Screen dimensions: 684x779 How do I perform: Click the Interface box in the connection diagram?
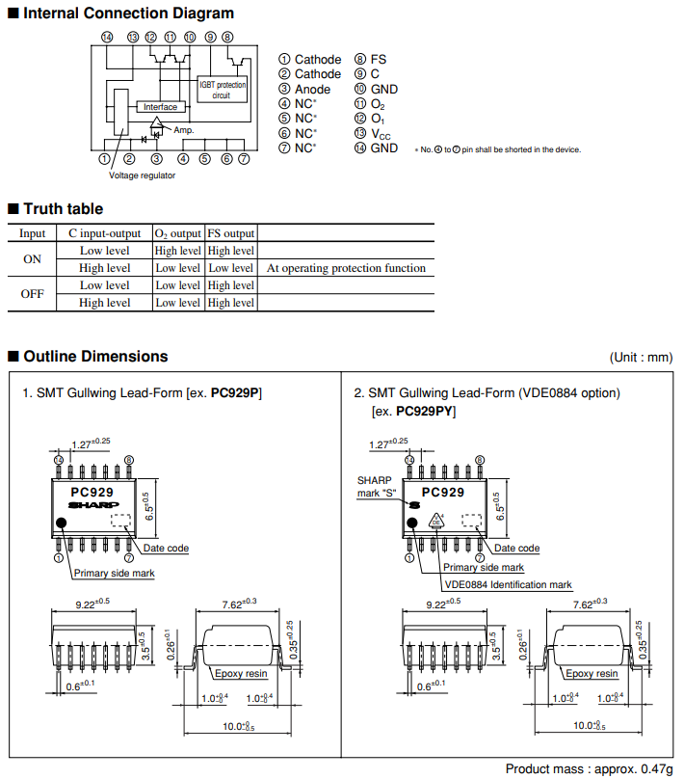(160, 107)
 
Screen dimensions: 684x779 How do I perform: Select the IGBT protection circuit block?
(222, 90)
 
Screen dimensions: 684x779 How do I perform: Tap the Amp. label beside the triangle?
(184, 130)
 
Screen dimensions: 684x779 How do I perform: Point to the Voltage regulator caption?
(142, 175)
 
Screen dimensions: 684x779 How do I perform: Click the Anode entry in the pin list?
(312, 90)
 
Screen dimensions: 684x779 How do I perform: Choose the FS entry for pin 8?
(379, 60)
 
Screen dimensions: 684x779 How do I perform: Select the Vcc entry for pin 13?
(381, 134)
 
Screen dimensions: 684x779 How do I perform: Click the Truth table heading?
(63, 208)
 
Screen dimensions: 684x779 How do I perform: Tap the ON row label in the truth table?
(32, 259)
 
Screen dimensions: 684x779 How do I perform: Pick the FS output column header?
(231, 233)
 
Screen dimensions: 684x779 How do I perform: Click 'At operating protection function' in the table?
(346, 268)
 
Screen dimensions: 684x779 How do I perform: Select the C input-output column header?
(105, 233)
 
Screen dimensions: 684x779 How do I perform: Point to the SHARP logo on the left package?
(93, 505)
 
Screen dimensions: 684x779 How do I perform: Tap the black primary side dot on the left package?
(61, 523)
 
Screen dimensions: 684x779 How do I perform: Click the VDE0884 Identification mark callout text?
(508, 585)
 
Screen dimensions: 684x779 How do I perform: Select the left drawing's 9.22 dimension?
(92, 604)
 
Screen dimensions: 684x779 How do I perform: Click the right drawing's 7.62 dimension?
(590, 604)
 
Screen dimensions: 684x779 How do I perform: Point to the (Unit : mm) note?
(641, 358)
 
